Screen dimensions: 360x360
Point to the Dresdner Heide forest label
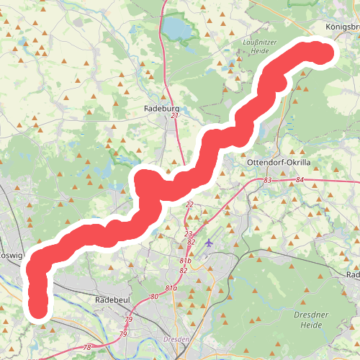pos(313,319)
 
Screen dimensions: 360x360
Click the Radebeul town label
pos(111,299)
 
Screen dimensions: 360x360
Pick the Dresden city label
pos(176,338)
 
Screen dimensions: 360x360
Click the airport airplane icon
pos(210,242)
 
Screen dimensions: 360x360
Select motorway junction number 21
pos(174,116)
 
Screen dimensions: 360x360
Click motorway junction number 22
pos(189,205)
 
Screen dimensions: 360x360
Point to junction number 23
pos(188,234)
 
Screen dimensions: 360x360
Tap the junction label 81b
pos(185,260)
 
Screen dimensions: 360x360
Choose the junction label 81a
pos(171,288)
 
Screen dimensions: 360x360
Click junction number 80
pos(154,297)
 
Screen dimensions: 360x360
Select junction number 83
pos(268,179)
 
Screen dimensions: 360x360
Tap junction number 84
pos(300,179)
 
